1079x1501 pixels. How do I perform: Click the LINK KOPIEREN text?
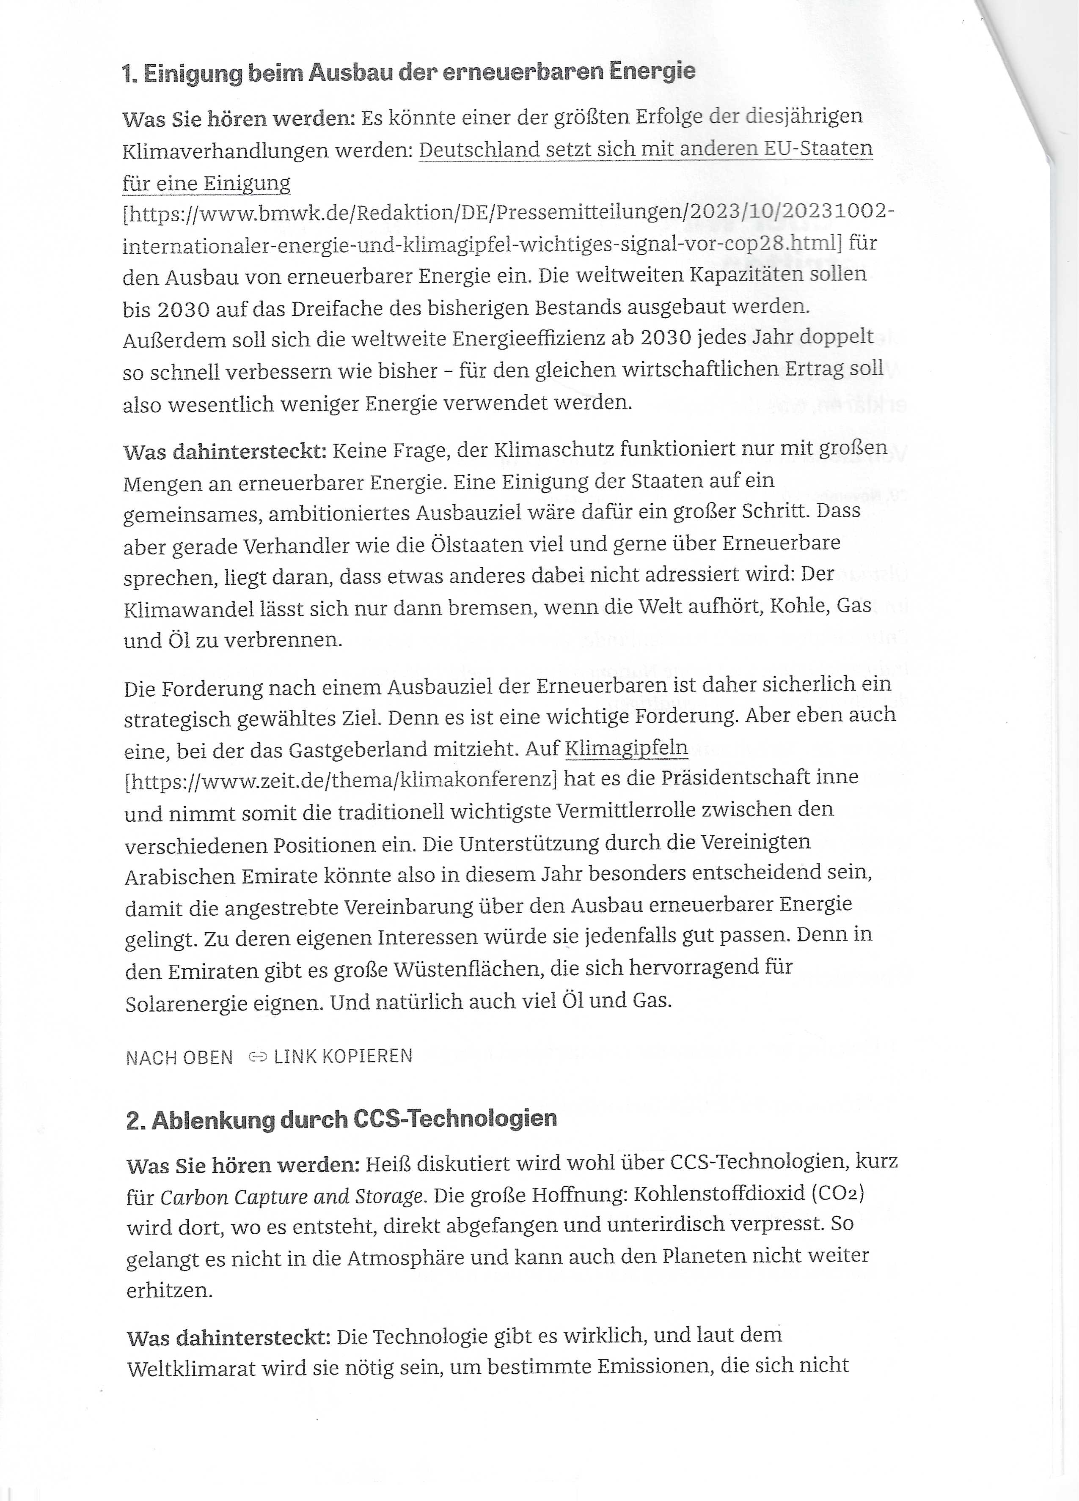coord(343,1056)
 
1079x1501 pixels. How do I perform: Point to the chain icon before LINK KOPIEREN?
coord(257,1057)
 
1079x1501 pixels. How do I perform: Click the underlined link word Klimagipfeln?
coord(626,749)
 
